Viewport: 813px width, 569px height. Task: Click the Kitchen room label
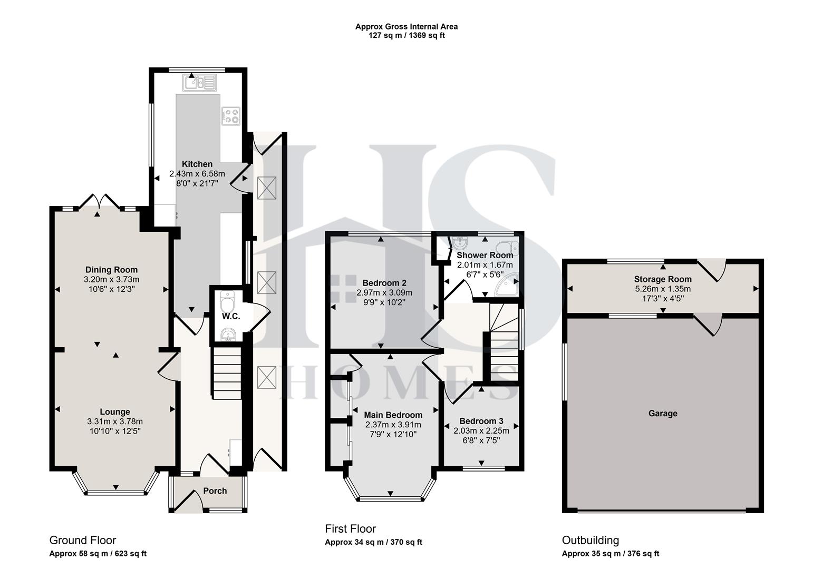pos(197,164)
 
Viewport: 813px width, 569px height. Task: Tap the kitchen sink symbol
pos(199,83)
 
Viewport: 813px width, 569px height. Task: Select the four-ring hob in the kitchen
pos(231,116)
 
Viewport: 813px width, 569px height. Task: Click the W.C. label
pos(231,316)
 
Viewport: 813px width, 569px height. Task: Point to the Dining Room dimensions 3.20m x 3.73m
pos(111,279)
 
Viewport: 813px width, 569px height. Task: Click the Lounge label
pos(115,412)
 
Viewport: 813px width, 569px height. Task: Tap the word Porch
pos(215,491)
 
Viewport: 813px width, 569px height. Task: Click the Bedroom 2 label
pos(384,283)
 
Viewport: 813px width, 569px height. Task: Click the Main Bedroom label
pos(393,415)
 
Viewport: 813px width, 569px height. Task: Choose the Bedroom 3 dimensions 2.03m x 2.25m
pos(481,430)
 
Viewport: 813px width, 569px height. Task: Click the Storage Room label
pos(663,279)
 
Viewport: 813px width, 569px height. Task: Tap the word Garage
pos(663,414)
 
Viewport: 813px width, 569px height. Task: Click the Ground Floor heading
pos(82,540)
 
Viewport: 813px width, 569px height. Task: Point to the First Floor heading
pos(350,528)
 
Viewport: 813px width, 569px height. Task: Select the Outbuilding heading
pos(590,540)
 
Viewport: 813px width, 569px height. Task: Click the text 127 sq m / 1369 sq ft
pos(406,36)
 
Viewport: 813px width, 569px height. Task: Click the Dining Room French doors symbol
pos(98,202)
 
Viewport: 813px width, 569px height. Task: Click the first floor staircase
pos(502,342)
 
